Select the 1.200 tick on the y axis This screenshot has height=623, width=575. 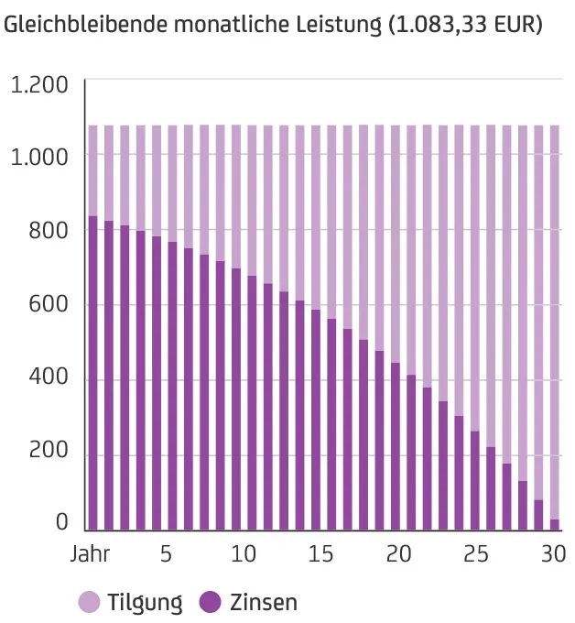coord(39,86)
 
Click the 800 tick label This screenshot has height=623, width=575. coord(47,231)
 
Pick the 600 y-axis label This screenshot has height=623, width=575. coord(47,305)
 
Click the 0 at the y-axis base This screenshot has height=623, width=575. coord(62,523)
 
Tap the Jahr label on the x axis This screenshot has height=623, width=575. coord(90,555)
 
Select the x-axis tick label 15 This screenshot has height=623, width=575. coord(320,555)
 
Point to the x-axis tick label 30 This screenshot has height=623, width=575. coord(553,555)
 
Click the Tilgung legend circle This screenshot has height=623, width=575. coord(90,602)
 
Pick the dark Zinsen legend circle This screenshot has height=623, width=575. coord(211,602)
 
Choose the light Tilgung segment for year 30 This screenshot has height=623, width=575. coord(554,322)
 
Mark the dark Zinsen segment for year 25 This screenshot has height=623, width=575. coord(474,480)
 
